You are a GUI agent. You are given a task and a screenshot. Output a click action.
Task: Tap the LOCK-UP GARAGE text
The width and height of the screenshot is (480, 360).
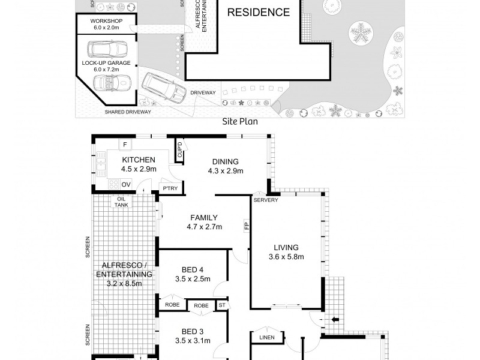point(106,62)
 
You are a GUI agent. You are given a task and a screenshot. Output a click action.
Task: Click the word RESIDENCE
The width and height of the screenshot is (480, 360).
point(257,12)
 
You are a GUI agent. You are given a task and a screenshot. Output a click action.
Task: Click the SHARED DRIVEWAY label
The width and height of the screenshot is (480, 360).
point(128,112)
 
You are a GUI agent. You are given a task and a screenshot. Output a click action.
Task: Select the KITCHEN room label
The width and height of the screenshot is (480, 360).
point(139,160)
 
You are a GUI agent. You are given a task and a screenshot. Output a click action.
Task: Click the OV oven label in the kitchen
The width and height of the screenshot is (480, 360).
point(126,185)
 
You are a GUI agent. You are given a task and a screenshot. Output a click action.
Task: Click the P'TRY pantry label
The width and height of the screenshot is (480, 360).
point(170,190)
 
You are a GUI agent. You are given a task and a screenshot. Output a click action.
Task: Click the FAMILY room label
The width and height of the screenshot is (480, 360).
point(204,218)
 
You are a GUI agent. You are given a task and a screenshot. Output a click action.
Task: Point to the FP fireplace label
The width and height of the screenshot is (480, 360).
point(246,227)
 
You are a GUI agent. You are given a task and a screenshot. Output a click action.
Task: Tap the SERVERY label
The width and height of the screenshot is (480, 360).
point(266,200)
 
